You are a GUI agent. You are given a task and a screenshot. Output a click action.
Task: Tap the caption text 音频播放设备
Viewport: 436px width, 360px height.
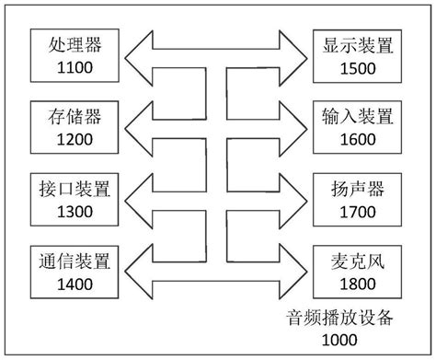coord(339,319)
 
